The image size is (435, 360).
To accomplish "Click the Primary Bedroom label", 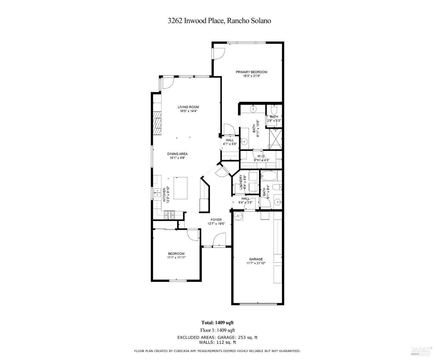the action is [251, 72].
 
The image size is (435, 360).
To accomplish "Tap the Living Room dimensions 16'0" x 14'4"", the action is [188, 111].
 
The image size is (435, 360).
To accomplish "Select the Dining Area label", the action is [177, 154].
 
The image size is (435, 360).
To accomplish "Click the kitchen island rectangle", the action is [180, 188].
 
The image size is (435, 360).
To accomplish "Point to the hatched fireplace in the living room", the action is [157, 123].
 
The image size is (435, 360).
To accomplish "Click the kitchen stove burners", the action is [169, 215].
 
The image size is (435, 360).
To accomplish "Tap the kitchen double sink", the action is [157, 192].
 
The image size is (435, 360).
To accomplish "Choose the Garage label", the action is [256, 259].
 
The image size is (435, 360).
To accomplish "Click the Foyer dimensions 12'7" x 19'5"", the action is [216, 224].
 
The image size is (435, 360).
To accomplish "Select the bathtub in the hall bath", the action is [269, 176].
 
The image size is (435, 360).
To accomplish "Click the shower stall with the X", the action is [275, 139].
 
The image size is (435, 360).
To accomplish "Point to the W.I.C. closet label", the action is [262, 156].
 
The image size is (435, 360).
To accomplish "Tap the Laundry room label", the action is [241, 182].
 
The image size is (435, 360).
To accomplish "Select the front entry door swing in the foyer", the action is [219, 239].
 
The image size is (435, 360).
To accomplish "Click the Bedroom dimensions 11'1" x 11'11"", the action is [176, 258].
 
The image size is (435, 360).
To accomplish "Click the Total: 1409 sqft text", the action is [217, 323].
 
